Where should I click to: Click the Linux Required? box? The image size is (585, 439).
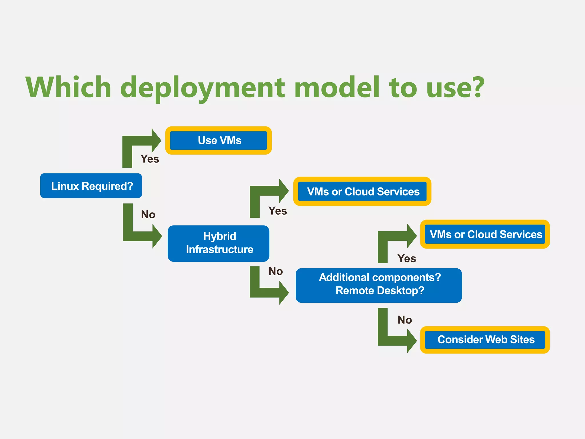91,186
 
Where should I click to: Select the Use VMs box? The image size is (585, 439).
219,140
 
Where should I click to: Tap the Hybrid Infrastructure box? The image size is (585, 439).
219,243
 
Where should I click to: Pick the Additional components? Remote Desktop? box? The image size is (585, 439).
378,285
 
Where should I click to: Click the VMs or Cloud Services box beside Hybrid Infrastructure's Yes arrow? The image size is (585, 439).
362,191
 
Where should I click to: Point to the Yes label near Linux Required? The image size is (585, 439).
150,159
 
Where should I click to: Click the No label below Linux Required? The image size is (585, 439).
148,215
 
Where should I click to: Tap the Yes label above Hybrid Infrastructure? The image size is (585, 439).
277,211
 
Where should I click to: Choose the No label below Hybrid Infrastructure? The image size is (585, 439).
275,271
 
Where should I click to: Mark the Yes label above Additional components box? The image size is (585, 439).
406,259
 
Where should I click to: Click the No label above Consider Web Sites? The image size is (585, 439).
404,320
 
